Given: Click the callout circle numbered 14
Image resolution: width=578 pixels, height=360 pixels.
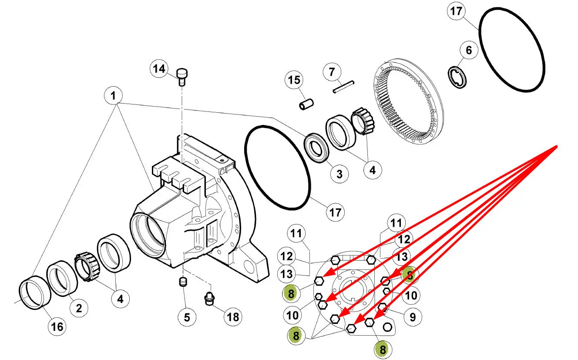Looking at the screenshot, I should [x=159, y=69].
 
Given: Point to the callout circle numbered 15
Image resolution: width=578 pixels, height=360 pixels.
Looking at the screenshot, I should [x=294, y=81].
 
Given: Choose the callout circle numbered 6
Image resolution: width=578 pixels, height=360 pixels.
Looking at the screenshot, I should [x=468, y=50].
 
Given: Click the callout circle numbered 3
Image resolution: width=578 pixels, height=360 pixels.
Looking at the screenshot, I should [x=339, y=174].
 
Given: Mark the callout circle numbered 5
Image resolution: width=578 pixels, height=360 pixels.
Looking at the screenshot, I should [x=187, y=317].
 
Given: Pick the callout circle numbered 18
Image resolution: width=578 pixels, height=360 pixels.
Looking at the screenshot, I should [x=233, y=317].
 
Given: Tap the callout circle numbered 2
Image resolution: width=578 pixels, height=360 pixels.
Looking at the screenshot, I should [x=79, y=308].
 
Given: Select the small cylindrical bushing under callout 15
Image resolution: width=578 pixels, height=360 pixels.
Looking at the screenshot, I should [x=306, y=105].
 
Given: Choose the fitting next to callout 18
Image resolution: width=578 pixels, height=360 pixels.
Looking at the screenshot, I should [x=209, y=300].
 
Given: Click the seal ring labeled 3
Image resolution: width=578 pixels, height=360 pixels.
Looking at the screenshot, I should [x=316, y=148].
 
